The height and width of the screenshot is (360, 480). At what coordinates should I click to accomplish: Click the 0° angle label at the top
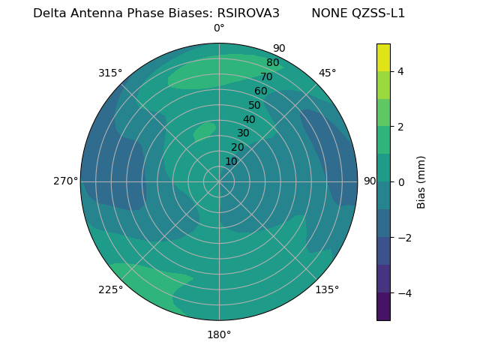pos(219,28)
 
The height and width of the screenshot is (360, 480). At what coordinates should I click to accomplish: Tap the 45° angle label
pos(327,73)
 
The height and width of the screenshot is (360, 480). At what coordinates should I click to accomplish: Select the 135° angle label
pos(327,289)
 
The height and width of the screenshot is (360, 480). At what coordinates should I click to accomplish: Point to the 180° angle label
pos(219,334)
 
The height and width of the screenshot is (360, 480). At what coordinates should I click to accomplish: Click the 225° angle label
pos(110,289)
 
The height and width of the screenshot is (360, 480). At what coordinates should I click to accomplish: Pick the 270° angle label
pos(66,181)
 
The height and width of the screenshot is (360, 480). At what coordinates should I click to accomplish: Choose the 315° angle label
pos(110,73)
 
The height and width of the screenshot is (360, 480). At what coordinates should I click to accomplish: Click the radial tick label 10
pos(231,161)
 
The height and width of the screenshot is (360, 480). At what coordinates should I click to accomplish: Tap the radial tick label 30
pos(243,133)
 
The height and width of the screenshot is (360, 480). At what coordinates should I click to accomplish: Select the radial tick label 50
pos(255,106)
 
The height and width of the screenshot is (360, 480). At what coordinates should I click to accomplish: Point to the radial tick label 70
pos(266,77)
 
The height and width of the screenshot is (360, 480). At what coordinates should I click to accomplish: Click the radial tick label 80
pos(272,63)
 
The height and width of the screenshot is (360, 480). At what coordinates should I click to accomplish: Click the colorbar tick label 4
pos(400,71)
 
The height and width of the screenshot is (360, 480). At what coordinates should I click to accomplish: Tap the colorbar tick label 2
pos(400,127)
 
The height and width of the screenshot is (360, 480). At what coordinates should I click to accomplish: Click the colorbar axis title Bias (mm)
pos(421,181)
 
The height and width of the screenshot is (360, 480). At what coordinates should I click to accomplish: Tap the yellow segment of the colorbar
pos(383,58)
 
